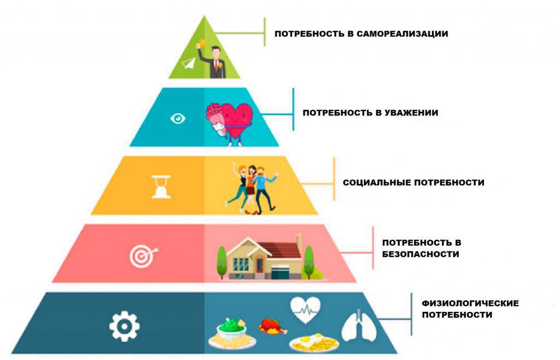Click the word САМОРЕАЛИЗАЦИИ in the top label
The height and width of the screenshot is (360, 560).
[402, 34]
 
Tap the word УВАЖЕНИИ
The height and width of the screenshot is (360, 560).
[411, 113]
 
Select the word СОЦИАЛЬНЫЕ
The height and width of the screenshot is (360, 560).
[377, 183]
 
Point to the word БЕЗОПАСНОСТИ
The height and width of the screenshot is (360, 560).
[421, 254]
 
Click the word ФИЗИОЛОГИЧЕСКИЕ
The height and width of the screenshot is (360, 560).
[470, 304]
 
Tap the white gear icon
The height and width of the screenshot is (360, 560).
[124, 326]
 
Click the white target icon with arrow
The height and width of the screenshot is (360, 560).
[144, 256]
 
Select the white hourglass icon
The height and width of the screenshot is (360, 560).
[161, 187]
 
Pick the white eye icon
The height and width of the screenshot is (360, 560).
[178, 118]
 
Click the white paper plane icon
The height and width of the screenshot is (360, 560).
[189, 63]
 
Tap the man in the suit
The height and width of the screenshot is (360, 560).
[214, 61]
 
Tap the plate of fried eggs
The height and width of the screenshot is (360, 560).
[314, 344]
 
